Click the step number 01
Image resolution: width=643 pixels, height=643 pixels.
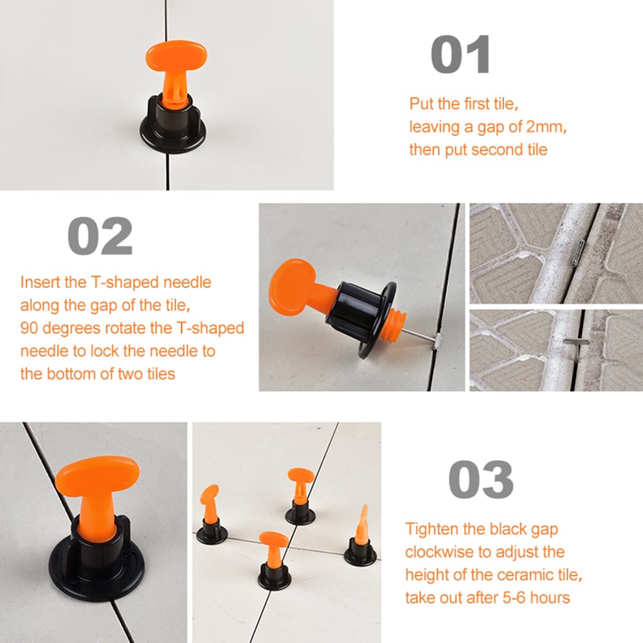click(460, 55)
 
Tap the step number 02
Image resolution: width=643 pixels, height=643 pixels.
click(100, 236)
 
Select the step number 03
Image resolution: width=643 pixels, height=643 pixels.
click(480, 479)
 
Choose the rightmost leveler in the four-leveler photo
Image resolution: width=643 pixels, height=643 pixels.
click(360, 538)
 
